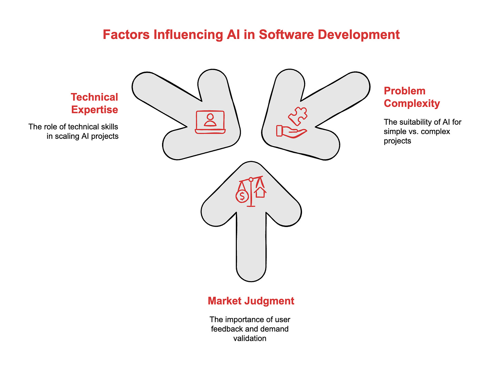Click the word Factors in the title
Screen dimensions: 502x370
[126, 35]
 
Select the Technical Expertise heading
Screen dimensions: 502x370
[94, 103]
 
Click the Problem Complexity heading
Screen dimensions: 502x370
[412, 97]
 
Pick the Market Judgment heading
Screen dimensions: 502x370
[251, 301]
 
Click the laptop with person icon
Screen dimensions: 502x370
[210, 122]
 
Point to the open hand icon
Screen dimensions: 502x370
[291, 131]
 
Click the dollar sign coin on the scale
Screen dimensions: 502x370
[242, 196]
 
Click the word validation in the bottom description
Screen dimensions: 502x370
[250, 338]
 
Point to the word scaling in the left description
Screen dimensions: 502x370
[67, 136]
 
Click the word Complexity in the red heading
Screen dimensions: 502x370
[412, 103]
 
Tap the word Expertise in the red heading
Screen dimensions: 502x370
[94, 110]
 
